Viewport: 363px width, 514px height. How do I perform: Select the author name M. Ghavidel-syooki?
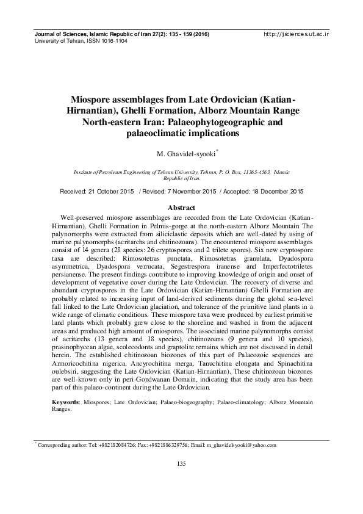[180, 151]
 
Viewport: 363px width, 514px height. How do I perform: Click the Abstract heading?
[181, 208]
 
